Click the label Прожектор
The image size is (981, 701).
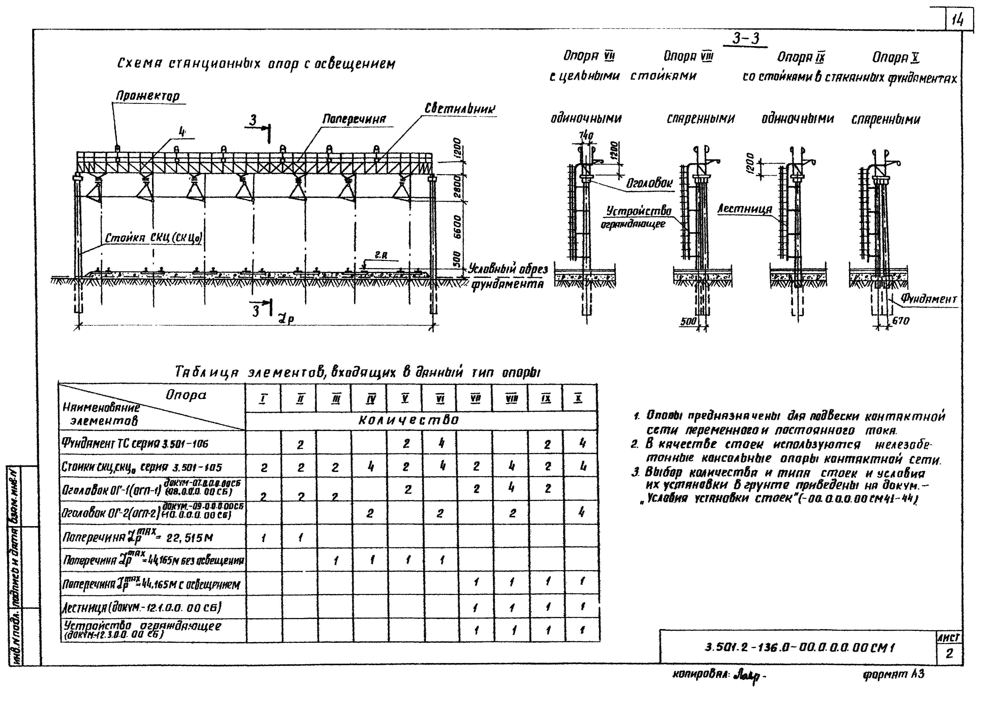click(148, 96)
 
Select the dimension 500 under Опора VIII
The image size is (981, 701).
click(689, 322)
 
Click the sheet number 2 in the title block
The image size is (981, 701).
click(949, 653)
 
